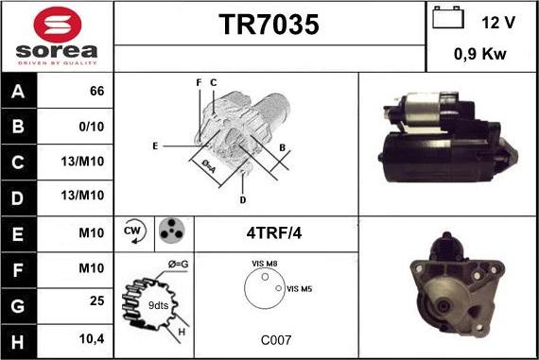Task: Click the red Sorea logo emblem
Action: (x=58, y=25)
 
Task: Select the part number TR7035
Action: (x=269, y=25)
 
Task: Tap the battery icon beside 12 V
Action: (x=448, y=18)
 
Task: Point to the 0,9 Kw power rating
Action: (x=479, y=54)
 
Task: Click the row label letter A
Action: (x=18, y=92)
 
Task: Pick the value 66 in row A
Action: (x=97, y=91)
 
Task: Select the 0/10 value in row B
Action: (x=92, y=127)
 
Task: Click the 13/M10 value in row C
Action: (x=82, y=162)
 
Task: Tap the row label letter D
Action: (x=18, y=198)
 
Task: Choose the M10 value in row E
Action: (x=92, y=232)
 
